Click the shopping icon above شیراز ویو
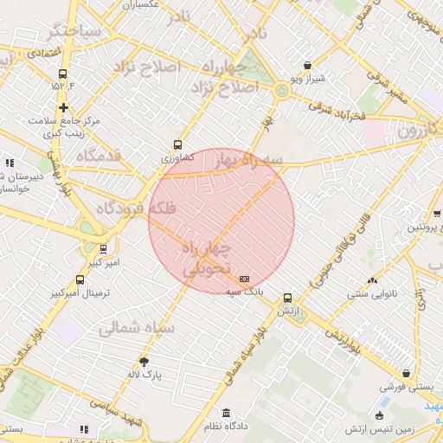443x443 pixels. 308,65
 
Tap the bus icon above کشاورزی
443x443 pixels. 178,145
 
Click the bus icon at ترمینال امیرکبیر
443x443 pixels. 80,279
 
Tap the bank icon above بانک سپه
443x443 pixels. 245,279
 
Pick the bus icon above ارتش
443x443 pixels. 287,295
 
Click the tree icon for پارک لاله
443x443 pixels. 144,362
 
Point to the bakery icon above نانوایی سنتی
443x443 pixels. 373,280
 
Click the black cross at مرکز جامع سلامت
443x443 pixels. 63,107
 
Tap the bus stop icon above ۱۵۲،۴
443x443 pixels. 63,73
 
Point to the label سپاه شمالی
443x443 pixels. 137,329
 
